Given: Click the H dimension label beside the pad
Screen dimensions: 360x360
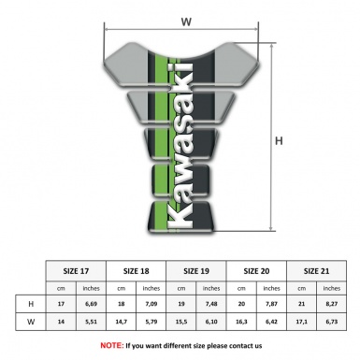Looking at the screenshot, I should (279, 141).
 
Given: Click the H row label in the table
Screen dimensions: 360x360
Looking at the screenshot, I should (31, 304).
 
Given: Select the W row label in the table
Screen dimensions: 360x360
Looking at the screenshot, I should (31, 323).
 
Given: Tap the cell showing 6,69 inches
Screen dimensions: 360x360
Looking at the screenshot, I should (92, 304).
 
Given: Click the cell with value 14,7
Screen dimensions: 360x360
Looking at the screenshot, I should (122, 323).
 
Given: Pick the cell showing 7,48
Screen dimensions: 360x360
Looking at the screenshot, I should (213, 304).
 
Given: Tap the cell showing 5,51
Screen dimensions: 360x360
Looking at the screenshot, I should (92, 323).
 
